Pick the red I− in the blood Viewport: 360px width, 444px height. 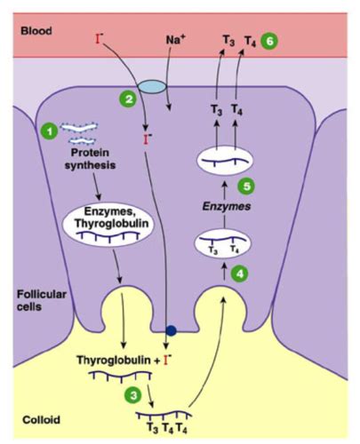click(x=100, y=39)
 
